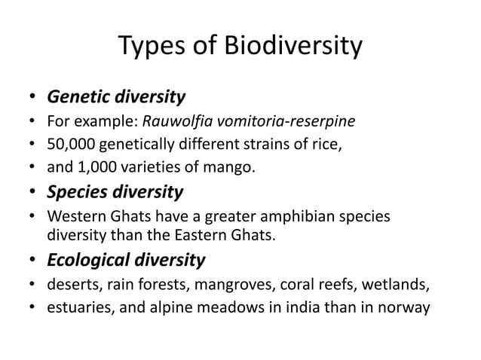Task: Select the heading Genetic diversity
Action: point(116,97)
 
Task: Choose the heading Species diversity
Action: point(115,191)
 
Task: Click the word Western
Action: point(74,215)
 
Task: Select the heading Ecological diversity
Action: point(126,260)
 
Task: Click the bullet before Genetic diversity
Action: point(33,98)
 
